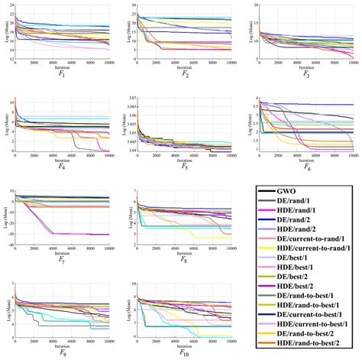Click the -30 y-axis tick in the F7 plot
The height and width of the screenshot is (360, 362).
point(11,235)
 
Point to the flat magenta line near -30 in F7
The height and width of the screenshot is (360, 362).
point(84,234)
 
